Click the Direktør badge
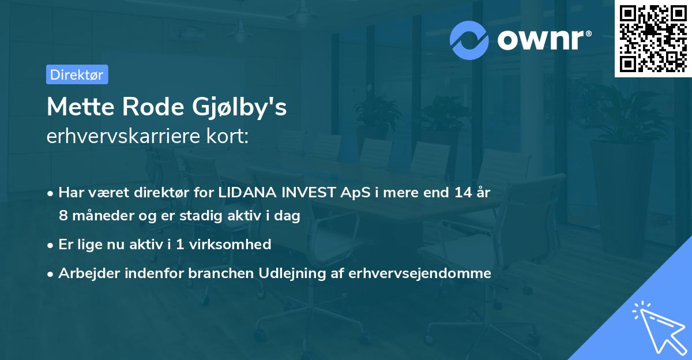(77, 74)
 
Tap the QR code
(652, 38)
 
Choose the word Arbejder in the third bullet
(85, 273)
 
